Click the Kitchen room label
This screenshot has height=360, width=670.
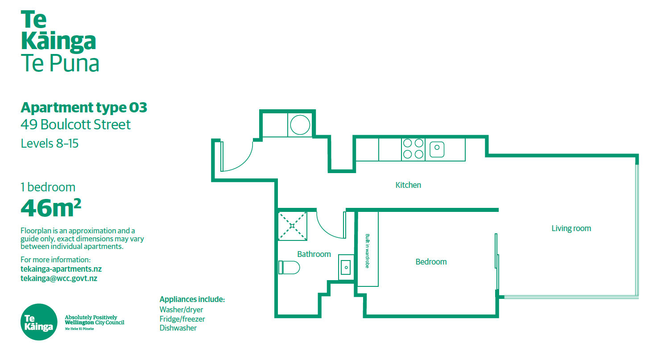coord(408,185)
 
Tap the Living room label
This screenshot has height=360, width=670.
coord(571,228)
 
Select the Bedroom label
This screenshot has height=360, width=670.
coord(431,262)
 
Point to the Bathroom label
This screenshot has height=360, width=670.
coord(314,254)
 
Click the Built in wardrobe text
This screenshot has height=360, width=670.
coord(368,251)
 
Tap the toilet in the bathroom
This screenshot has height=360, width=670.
coord(289,267)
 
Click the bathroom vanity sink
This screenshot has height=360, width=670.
coord(346,267)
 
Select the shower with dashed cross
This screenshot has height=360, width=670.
coord(292,226)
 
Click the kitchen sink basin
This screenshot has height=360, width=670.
coord(437,149)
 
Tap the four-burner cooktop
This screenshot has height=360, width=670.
coord(413,149)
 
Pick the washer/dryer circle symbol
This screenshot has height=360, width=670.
coord(300,125)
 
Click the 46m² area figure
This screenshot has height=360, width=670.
coord(51,208)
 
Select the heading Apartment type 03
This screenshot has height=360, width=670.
coord(84,108)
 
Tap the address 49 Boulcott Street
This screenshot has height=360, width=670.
coord(75,124)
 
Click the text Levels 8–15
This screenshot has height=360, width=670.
coord(50,144)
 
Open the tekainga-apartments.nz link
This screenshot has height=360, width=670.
coord(61,269)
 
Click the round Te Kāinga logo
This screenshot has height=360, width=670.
coord(39,322)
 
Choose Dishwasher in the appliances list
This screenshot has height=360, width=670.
coord(178,328)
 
